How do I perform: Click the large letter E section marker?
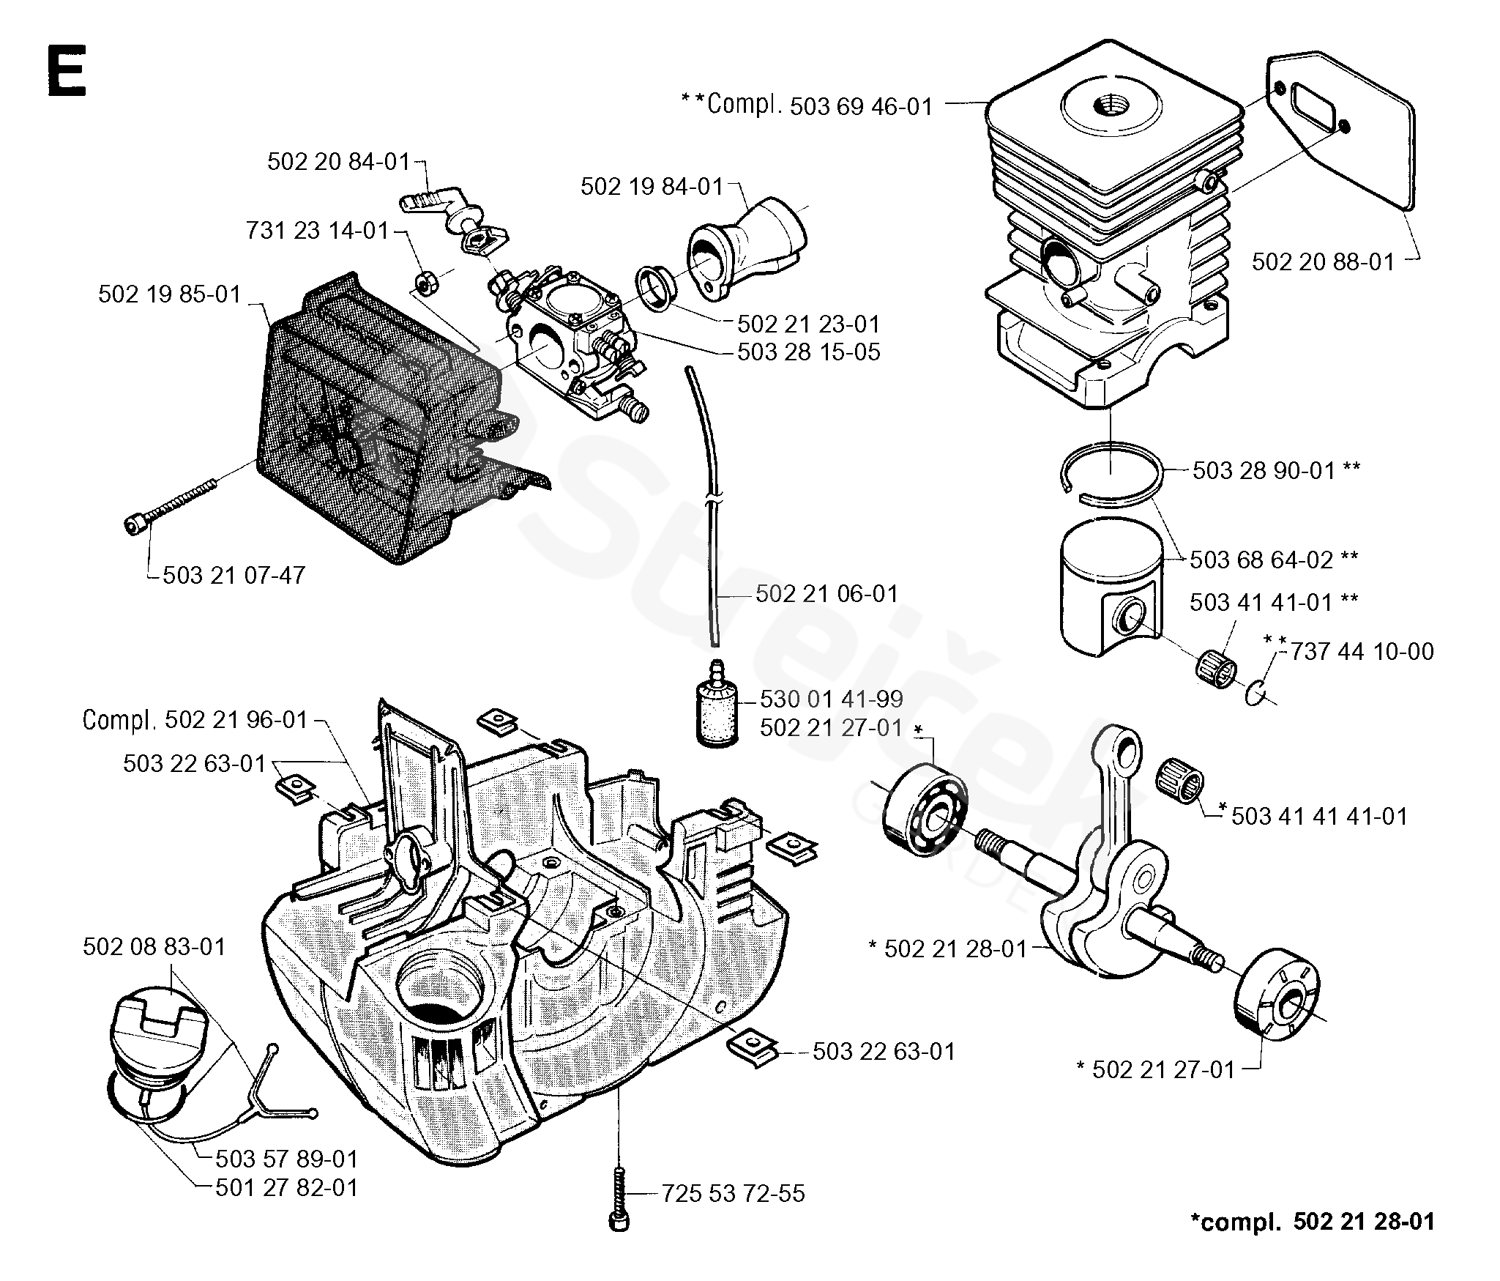[66, 71]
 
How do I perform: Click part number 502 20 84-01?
[338, 162]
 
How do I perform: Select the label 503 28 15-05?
[808, 352]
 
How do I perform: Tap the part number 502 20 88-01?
[1323, 261]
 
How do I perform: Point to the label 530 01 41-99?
[831, 699]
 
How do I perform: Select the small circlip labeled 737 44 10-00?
[1255, 691]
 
